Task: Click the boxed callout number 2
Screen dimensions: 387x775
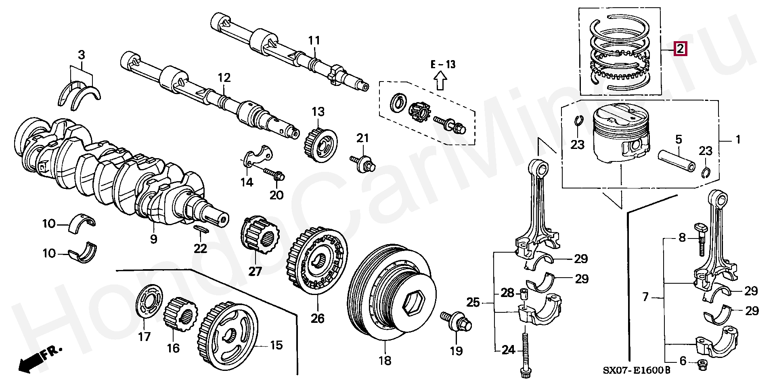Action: [x=680, y=49]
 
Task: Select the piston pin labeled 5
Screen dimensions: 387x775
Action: [x=677, y=160]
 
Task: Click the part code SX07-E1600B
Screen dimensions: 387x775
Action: [x=637, y=370]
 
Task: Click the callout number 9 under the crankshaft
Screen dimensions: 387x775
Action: [x=153, y=239]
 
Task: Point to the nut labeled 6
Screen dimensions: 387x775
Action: [x=703, y=366]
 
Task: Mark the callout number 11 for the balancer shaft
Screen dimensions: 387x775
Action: [x=314, y=40]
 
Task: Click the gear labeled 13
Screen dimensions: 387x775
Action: [x=320, y=146]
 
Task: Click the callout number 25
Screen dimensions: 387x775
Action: [x=473, y=302]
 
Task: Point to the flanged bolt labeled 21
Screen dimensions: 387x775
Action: [x=363, y=162]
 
